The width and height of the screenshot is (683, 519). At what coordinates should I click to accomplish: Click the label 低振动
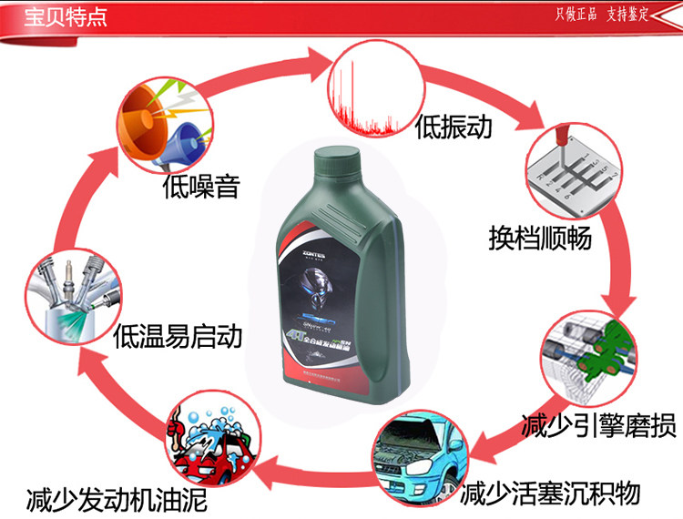click(x=453, y=127)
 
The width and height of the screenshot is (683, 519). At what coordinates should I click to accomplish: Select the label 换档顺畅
click(x=540, y=239)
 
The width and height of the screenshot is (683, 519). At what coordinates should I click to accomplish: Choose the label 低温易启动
click(x=178, y=338)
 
